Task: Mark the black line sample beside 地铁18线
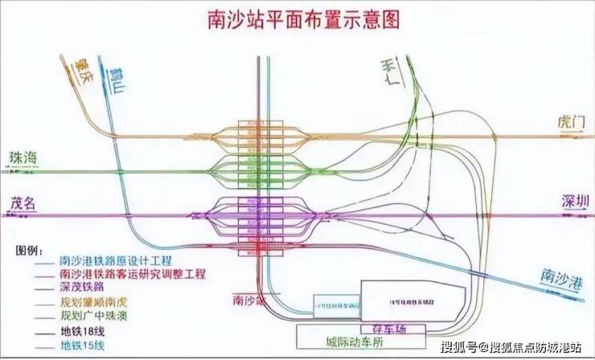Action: pos(45,331)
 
